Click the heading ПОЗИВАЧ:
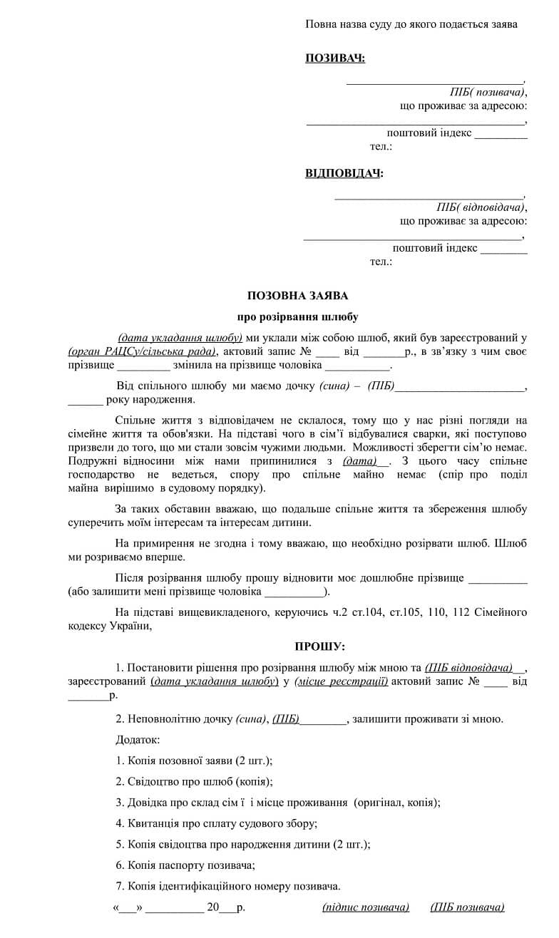pyautogui.click(x=335, y=58)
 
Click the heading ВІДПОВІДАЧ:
pyautogui.click(x=344, y=173)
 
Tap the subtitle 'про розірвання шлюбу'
pyautogui.click(x=298, y=316)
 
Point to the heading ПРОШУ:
pyautogui.click(x=319, y=646)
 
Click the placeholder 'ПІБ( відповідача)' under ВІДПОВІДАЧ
pyautogui.click(x=481, y=207)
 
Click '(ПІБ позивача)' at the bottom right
pyautogui.click(x=467, y=907)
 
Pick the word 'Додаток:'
pyautogui.click(x=138, y=741)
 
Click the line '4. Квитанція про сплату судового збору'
pyautogui.click(x=216, y=823)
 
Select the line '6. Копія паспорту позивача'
pyautogui.click(x=185, y=865)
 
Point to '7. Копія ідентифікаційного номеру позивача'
pyautogui.click(x=228, y=886)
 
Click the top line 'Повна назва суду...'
pyautogui.click(x=411, y=24)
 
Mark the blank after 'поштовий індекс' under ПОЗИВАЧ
pyautogui.click(x=501, y=135)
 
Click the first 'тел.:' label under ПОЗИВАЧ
pyautogui.click(x=381, y=147)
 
